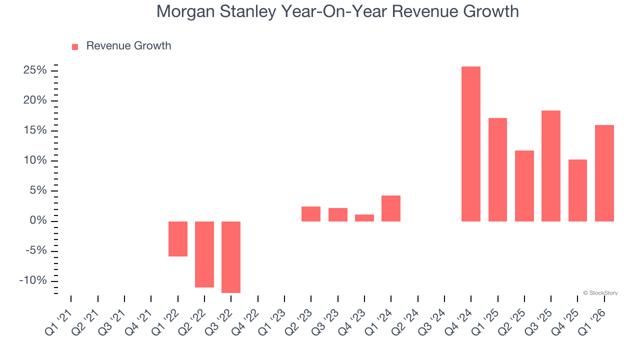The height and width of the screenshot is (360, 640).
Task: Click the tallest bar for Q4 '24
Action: tap(470, 144)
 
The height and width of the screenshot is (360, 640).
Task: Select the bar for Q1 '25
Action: tap(497, 170)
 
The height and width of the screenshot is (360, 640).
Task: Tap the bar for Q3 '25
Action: tap(550, 166)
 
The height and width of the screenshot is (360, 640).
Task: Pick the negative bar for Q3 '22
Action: tap(231, 257)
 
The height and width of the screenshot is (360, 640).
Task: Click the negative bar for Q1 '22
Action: tap(178, 239)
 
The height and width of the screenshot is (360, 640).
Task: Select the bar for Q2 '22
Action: tap(204, 254)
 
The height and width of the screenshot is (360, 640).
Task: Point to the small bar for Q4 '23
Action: tap(364, 218)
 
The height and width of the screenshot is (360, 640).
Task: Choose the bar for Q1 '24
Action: tap(391, 208)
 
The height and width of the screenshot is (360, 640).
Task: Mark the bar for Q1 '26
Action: tap(604, 173)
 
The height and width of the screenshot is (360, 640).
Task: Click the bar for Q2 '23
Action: tap(311, 214)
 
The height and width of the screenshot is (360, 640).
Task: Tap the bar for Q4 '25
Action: tap(577, 190)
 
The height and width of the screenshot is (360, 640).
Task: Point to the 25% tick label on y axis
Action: tap(35, 70)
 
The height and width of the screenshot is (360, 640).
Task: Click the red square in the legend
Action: tap(75, 46)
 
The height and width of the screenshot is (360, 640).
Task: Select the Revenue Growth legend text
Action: tap(128, 46)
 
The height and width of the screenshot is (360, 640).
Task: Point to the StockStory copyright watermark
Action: tap(600, 293)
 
